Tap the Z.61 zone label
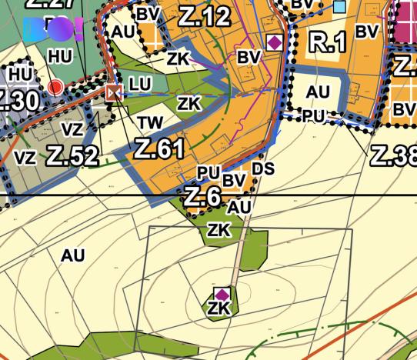click(159, 148)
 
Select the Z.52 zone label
click(72, 155)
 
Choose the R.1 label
click(327, 43)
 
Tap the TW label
click(151, 122)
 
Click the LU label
click(141, 83)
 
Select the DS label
click(262, 168)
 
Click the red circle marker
click(55, 87)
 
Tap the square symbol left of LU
click(115, 93)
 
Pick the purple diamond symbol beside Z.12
click(273, 42)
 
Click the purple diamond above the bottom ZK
click(222, 295)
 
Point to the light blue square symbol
click(339, 7)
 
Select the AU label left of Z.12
click(122, 32)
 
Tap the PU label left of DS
click(208, 172)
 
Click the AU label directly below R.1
click(317, 92)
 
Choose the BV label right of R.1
click(367, 32)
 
